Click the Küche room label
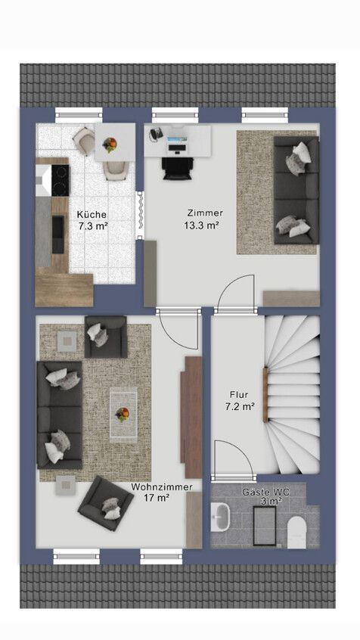pos(92,214)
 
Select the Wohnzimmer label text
pos(162,487)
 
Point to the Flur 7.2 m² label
pos(240,400)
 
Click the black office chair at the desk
pos(176,168)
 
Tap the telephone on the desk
pos(156,134)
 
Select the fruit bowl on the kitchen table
pos(110,145)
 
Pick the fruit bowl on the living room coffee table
pos(122,414)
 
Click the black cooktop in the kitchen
pos(60,180)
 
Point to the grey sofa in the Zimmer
pos(296,190)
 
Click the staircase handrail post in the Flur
pos(265,394)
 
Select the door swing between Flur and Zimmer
pos(236,292)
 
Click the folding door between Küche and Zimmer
pos(141,215)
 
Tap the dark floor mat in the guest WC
pos(264,525)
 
